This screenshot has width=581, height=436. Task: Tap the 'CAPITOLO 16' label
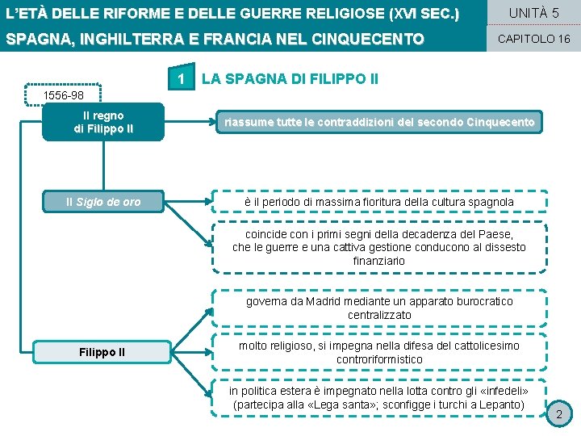[x=533, y=39]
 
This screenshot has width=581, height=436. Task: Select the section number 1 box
[x=183, y=79]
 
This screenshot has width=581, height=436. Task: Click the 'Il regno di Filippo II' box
[x=103, y=122]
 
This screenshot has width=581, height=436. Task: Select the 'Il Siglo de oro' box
[x=103, y=202]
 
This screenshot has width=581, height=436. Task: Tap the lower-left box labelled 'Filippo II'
[x=102, y=352]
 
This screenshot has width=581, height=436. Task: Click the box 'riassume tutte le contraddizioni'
[x=379, y=122]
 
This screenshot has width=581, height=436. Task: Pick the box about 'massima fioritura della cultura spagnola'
[x=379, y=201]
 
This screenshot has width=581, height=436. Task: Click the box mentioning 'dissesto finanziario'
[x=379, y=248]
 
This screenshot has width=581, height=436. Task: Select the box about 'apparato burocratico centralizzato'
[x=379, y=308]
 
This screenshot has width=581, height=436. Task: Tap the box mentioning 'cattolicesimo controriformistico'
[x=379, y=352]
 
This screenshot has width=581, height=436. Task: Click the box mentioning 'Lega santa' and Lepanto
[x=379, y=397]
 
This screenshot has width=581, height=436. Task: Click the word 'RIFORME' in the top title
[x=128, y=14]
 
